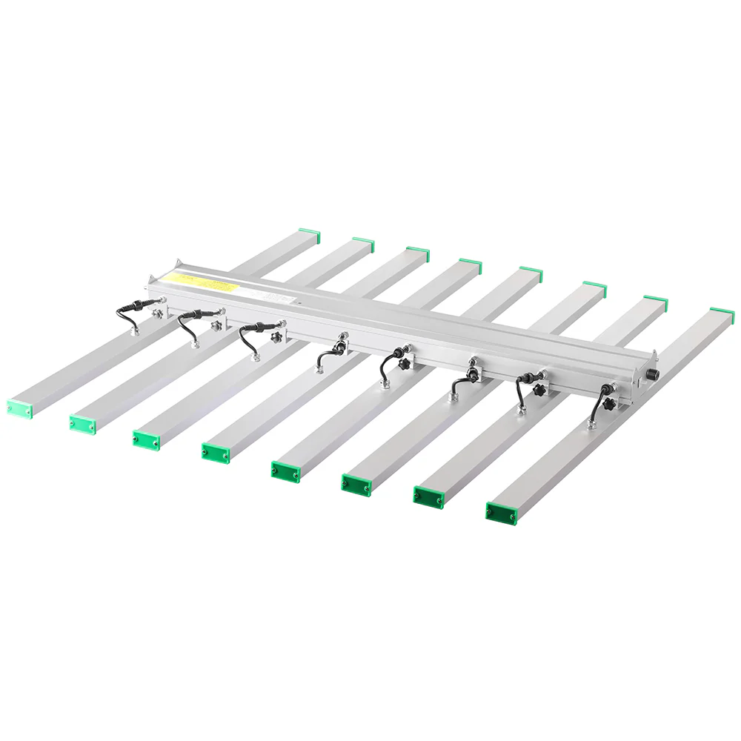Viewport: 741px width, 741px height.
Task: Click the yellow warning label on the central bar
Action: click(x=199, y=281)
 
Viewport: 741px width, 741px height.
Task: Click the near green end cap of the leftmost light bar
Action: click(x=20, y=408)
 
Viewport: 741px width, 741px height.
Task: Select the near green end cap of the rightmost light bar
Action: click(x=500, y=511)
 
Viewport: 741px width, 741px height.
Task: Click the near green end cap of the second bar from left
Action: click(x=84, y=422)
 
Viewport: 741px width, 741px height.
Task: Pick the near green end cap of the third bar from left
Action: click(x=147, y=439)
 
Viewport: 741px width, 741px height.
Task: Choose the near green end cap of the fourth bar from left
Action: click(x=215, y=452)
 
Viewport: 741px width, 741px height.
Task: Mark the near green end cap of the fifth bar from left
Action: click(x=285, y=470)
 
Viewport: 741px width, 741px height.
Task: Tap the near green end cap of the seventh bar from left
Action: click(x=428, y=496)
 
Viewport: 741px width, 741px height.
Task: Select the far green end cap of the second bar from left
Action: click(x=363, y=244)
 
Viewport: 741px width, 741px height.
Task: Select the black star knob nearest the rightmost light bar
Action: click(x=610, y=405)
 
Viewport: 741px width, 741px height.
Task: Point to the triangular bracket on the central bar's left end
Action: click(x=176, y=265)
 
